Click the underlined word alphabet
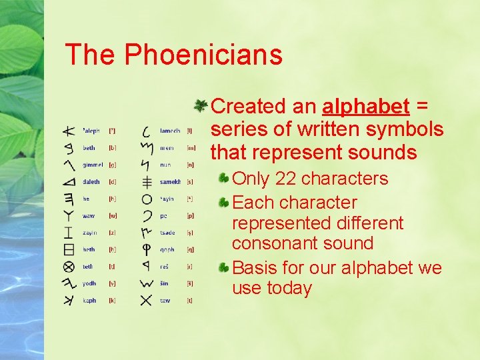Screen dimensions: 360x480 365,106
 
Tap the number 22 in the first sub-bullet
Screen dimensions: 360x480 287,179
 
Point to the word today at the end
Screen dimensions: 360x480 289,288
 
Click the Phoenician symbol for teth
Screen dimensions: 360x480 68,267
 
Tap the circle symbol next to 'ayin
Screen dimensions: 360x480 147,199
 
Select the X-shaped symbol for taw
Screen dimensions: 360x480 147,300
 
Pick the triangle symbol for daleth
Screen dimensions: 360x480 68,181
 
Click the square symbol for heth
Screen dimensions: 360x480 68,249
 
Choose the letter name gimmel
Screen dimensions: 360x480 93,165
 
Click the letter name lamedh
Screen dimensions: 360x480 170,131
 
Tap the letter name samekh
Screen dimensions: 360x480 171,181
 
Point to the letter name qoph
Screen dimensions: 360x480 167,250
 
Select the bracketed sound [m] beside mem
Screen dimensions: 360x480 191,148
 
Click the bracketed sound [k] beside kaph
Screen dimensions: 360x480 112,301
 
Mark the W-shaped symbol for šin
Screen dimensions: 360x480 147,283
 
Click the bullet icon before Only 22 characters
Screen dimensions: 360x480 226,178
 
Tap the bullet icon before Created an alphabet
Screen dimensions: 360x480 199,105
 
